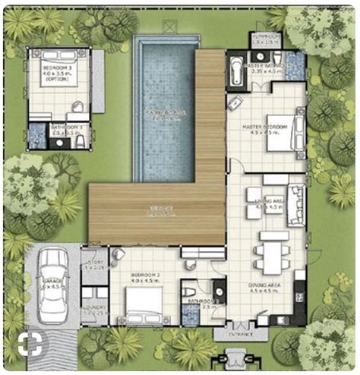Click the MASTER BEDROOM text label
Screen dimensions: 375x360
pyautogui.click(x=264, y=127)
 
